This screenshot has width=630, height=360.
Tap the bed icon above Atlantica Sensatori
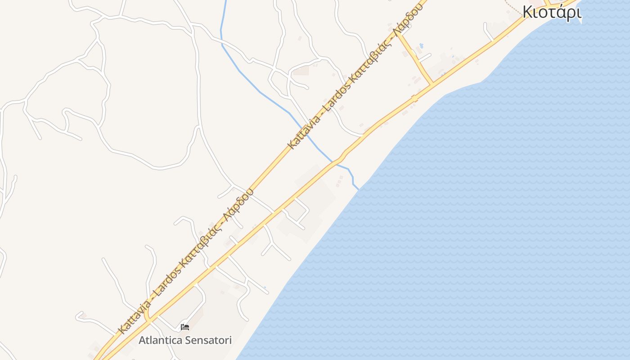(x=184, y=327)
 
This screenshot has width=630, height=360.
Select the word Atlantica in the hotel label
(x=160, y=340)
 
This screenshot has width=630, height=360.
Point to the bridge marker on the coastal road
(x=414, y=98)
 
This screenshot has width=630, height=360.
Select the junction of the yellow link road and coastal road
(x=432, y=84)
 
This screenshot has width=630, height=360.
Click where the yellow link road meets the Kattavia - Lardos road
(x=398, y=36)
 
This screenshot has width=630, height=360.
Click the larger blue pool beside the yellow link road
(x=421, y=45)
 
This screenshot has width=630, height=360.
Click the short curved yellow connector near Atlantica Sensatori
(x=147, y=313)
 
